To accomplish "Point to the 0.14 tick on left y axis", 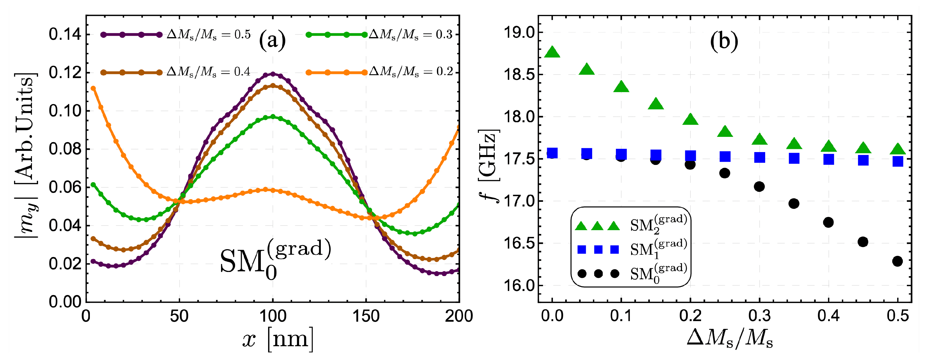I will [65, 35].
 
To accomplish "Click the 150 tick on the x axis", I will [366, 316].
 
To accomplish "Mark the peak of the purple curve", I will [273, 74].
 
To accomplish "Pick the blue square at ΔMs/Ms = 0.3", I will [759, 157].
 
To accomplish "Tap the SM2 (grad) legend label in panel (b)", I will [658, 225].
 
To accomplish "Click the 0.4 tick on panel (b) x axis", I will [828, 316].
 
